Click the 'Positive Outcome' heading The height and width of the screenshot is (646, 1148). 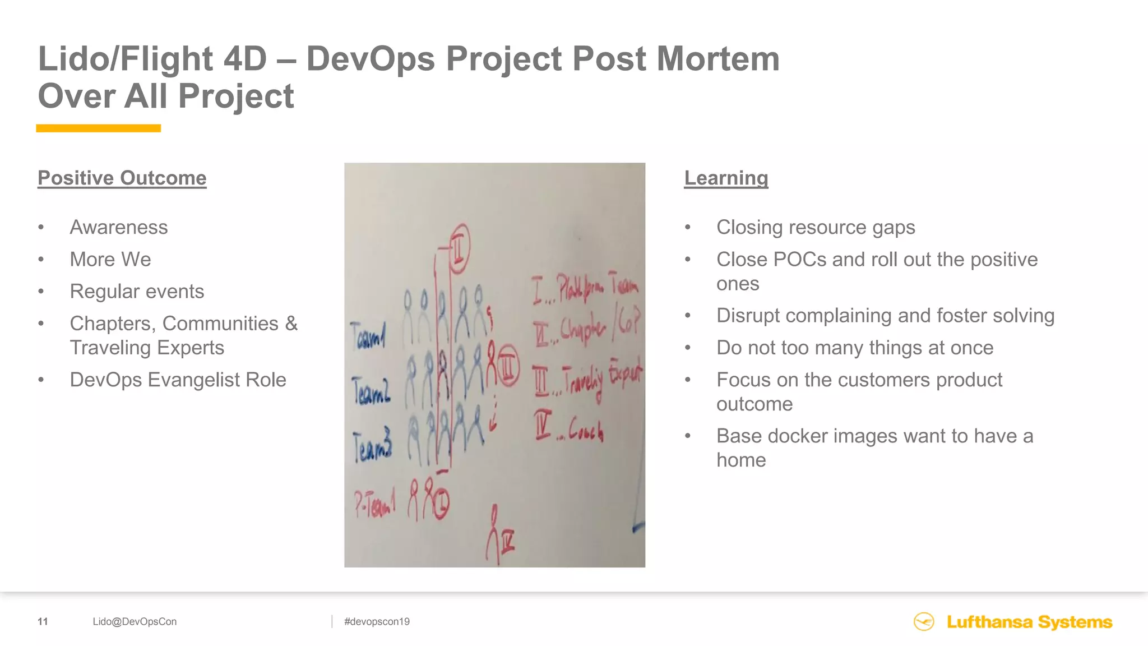122,178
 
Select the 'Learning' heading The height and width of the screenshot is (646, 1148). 726,178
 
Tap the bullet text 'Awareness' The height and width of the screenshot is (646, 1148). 118,227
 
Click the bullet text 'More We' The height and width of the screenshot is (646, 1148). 110,259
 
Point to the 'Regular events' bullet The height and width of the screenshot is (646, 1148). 137,291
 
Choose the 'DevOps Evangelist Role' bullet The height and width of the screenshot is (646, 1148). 178,380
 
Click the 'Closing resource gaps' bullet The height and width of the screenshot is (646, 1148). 816,227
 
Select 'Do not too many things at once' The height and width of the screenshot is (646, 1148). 855,348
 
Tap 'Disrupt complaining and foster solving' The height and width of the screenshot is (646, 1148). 885,315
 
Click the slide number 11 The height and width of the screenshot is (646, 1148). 43,621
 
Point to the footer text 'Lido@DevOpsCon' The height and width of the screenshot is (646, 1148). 135,621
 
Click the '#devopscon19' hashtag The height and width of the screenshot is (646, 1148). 377,621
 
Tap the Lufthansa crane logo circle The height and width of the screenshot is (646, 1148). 924,621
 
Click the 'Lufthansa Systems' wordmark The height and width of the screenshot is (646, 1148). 1029,622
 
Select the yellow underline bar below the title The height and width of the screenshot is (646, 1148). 99,128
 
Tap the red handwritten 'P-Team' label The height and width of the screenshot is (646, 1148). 374,503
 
